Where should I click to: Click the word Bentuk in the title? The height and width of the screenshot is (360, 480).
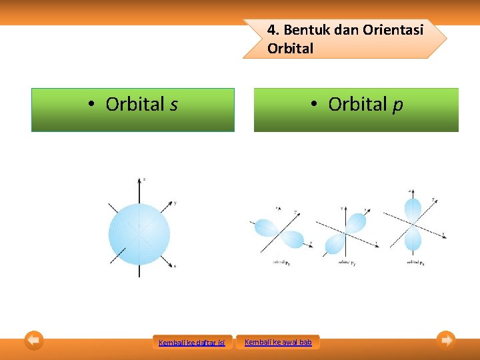(303, 30)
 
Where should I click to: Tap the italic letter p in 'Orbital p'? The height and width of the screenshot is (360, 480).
(398, 105)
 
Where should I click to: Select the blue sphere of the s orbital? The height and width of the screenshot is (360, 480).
(139, 234)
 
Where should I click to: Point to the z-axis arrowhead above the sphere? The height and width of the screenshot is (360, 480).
(140, 181)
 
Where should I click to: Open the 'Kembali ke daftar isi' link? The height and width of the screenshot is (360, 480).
(192, 343)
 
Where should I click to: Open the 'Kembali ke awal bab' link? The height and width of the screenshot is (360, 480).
(278, 342)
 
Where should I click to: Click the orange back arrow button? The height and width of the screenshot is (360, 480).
(34, 340)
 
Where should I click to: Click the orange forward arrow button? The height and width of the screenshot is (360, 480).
(446, 340)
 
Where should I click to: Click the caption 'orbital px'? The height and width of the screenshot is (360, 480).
(281, 263)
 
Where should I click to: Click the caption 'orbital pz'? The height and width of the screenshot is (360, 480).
(415, 262)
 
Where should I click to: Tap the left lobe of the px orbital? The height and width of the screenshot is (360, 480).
(268, 228)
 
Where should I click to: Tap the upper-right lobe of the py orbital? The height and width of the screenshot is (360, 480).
(357, 222)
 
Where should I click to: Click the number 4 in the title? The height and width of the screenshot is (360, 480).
(271, 30)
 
